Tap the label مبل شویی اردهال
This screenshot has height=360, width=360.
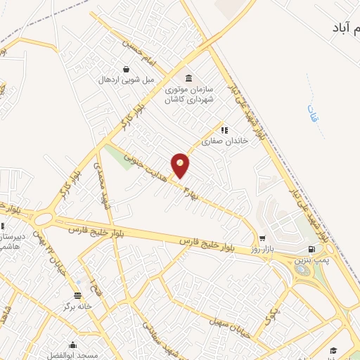pos(125,79)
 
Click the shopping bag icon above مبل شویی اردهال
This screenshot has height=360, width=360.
pos(125,69)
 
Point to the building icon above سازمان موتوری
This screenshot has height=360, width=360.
pos(188,78)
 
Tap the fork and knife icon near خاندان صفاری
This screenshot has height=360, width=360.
pos(224,130)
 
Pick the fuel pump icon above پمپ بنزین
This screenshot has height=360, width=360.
pos(311,250)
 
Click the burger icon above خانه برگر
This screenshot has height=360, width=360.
pos(78,296)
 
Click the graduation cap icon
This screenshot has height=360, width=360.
pos(333,349)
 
